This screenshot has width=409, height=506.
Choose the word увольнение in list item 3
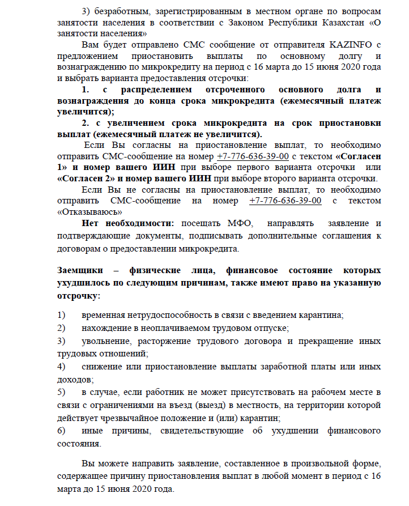pyautogui.click(x=107, y=341)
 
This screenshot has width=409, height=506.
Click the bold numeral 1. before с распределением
pyautogui.click(x=86, y=90)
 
